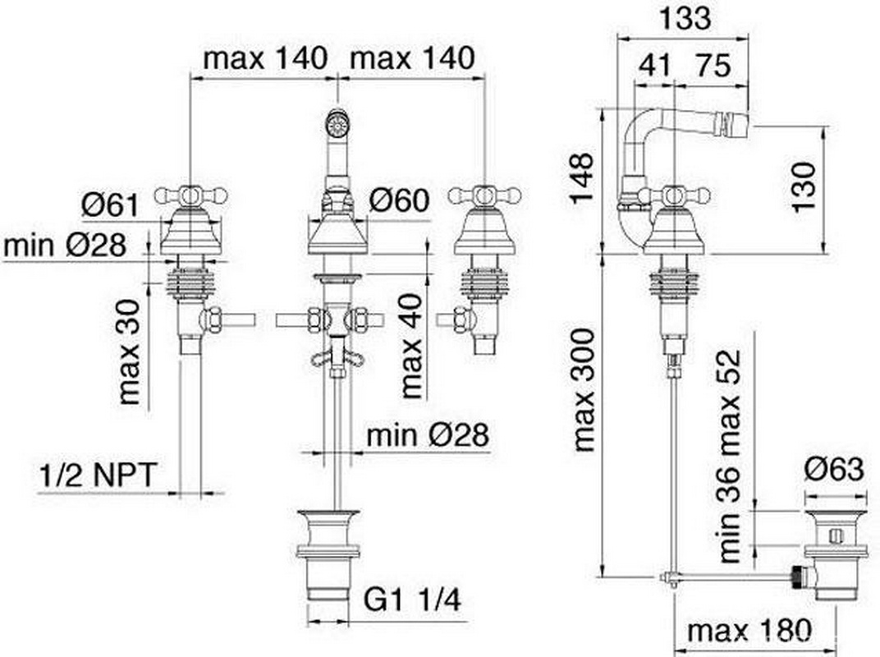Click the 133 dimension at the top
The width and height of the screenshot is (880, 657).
685,18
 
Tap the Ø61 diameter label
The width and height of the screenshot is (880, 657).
110,204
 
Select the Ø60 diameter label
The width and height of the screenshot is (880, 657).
400,200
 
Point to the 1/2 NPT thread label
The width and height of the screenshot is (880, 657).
97,476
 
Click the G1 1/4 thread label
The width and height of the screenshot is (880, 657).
412,600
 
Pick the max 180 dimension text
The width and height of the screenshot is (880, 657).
749,632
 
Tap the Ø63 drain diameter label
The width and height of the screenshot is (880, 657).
834,470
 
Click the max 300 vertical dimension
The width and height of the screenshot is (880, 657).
584,390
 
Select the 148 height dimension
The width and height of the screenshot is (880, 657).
581,177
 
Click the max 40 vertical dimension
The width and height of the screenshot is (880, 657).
411,346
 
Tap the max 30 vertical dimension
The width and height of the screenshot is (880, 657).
129,351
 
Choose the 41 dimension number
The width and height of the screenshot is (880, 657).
655,65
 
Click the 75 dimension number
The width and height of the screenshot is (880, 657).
714,65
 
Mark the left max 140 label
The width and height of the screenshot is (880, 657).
265,57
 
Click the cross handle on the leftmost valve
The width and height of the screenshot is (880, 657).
190,195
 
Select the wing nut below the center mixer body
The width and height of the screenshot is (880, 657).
337,358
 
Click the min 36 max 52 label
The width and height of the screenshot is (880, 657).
730,456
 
